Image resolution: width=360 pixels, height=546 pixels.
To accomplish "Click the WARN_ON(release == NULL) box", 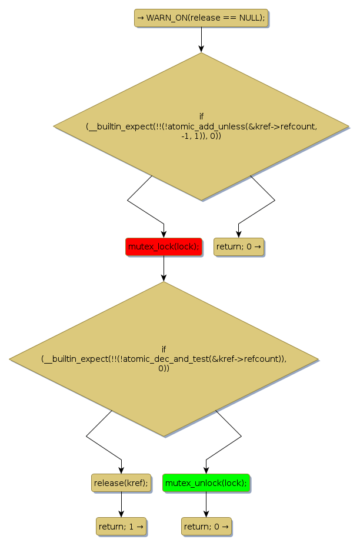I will click(201, 18).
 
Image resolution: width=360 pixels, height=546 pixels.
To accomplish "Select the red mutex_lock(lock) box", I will click(164, 247).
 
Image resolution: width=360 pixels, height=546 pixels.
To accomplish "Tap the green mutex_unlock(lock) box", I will click(206, 483).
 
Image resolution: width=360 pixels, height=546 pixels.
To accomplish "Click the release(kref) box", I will click(121, 483).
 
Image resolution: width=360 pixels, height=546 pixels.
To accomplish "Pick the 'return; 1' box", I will click(121, 526).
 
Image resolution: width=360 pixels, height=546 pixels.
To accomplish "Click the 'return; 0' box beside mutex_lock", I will click(238, 247).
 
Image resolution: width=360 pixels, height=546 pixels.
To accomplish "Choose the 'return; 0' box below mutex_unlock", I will click(206, 526).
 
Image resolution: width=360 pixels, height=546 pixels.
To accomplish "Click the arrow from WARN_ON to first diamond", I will click(201, 39).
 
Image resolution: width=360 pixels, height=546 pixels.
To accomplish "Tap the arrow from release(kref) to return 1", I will click(121, 504).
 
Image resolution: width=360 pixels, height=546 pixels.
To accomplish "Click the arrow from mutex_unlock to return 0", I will click(206, 504).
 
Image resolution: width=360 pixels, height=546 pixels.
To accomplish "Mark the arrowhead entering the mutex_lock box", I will click(164, 234).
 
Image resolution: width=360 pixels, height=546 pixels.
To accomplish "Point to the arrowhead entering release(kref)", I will click(121, 470).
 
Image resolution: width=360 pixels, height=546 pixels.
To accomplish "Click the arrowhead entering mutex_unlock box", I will click(206, 470).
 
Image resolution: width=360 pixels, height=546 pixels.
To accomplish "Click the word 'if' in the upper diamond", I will click(201, 116).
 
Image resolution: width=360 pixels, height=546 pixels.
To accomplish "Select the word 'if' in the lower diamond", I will click(164, 348).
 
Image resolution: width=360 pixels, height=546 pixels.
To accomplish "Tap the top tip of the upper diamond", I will click(201, 54).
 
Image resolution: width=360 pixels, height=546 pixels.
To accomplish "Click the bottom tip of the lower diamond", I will click(164, 436).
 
